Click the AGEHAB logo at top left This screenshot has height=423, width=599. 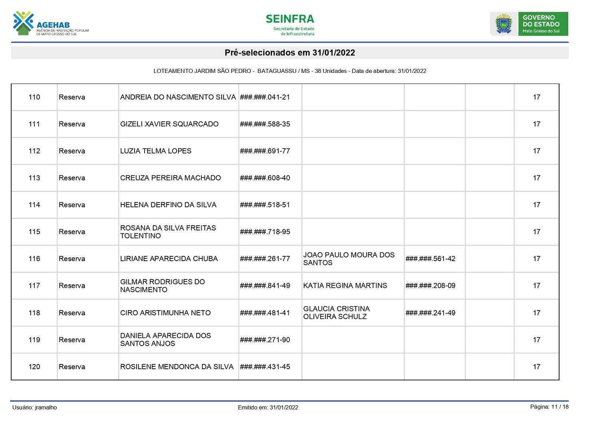click(50, 24)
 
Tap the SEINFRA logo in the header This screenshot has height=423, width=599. click(290, 24)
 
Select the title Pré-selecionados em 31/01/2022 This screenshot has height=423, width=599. click(290, 53)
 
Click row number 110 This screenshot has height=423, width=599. click(34, 97)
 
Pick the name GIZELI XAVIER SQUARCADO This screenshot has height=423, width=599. click(169, 124)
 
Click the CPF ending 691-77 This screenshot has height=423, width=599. click(265, 151)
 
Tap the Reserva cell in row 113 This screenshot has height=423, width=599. click(72, 178)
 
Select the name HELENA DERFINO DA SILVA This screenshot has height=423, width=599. click(168, 205)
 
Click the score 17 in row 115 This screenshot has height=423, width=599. click(536, 232)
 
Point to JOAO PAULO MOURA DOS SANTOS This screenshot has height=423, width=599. click(349, 259)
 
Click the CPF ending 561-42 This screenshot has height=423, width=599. click(430, 259)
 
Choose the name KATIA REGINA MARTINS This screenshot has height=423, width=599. click(345, 285)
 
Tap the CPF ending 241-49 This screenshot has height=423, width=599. click(430, 313)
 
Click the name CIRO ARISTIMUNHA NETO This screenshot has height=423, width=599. click(165, 313)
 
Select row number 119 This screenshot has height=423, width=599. click(34, 340)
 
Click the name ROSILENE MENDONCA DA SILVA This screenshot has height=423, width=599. click(177, 367)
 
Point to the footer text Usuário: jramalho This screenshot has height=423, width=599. click(35, 407)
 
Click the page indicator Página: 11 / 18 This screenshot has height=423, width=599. click(549, 407)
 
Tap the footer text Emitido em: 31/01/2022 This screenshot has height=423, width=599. click(268, 407)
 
